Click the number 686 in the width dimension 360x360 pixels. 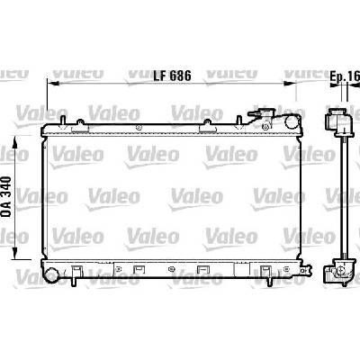(180, 76)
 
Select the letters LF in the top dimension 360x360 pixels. (159, 76)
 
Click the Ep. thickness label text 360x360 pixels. (338, 76)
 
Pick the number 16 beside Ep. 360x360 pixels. (354, 76)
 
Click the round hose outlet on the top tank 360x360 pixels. (292, 121)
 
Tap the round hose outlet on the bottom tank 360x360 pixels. (52, 275)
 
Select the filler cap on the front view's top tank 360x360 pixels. (261, 113)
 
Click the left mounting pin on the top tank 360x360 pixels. (63, 121)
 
